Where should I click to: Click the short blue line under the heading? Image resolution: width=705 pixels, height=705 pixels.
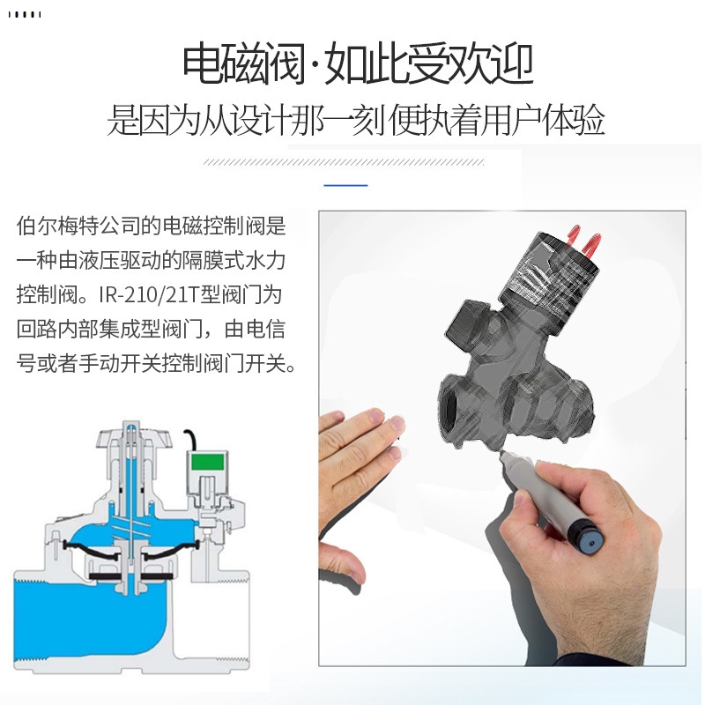(345, 185)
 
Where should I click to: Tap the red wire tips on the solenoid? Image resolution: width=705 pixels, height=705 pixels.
(583, 234)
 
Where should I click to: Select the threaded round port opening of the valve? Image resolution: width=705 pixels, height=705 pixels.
(456, 402)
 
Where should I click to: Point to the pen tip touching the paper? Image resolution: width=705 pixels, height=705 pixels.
(503, 455)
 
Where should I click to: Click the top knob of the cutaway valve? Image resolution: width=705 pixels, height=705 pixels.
(130, 432)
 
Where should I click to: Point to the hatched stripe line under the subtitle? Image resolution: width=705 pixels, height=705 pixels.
(344, 162)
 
